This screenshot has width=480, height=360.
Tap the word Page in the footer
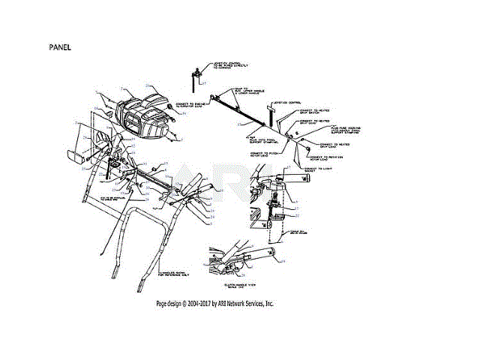[x=162, y=304]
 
